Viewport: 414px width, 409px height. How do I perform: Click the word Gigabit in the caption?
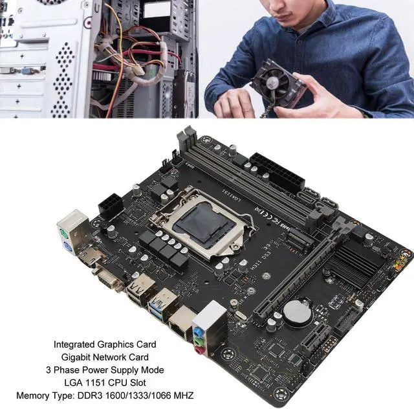coord(71,357)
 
